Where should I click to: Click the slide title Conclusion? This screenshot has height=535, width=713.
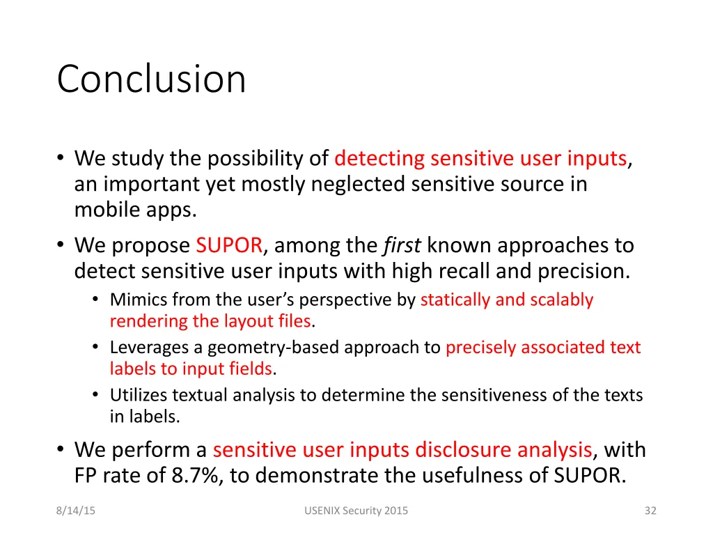151,79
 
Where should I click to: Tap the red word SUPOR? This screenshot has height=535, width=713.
229,246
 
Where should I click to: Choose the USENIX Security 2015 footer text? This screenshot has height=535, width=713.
356,511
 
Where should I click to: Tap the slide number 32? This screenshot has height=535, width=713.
650,511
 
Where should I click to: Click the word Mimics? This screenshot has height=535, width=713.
137,300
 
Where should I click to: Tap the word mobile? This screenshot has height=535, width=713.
102,210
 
